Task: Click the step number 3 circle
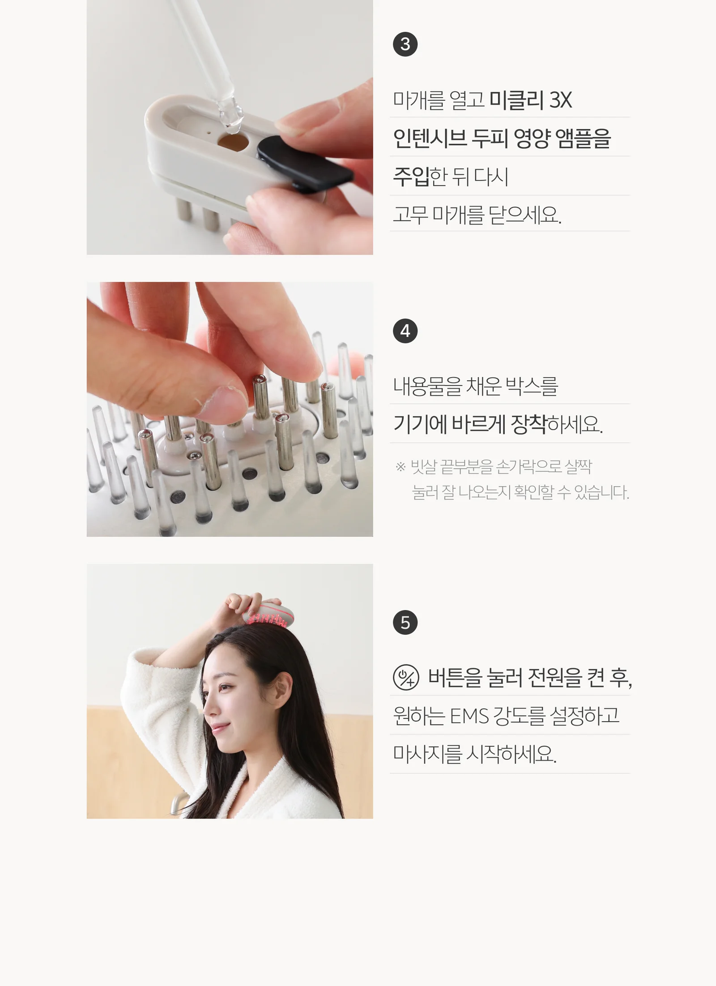click(x=405, y=44)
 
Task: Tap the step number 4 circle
click(x=405, y=331)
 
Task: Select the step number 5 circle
click(x=405, y=622)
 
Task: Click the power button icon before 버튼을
click(x=406, y=677)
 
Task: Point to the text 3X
click(x=560, y=100)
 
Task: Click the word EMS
click(x=469, y=716)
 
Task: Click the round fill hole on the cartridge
click(x=233, y=142)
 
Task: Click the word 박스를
click(x=532, y=386)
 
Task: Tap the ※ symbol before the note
click(x=401, y=467)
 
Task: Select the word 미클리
click(x=516, y=100)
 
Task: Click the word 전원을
click(x=554, y=677)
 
